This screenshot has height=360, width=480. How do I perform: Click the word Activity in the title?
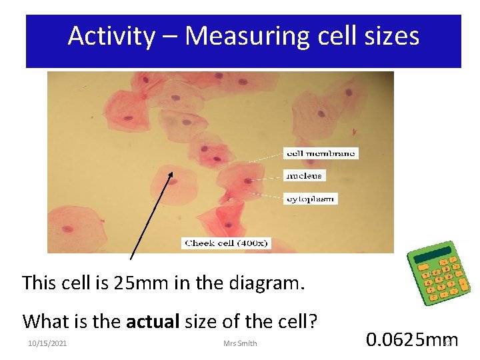(111, 36)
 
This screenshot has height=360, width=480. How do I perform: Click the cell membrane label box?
(321, 153)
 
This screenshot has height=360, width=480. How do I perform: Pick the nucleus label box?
(304, 176)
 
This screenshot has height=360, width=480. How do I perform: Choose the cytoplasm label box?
(311, 199)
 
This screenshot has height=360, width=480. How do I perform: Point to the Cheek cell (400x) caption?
(225, 243)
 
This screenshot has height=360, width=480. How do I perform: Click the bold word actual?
(149, 321)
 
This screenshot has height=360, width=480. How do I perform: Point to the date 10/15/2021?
(47, 343)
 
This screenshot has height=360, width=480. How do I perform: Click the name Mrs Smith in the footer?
(240, 343)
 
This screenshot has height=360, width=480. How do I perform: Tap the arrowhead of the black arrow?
(171, 176)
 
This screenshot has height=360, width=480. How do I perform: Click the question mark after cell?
(312, 321)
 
